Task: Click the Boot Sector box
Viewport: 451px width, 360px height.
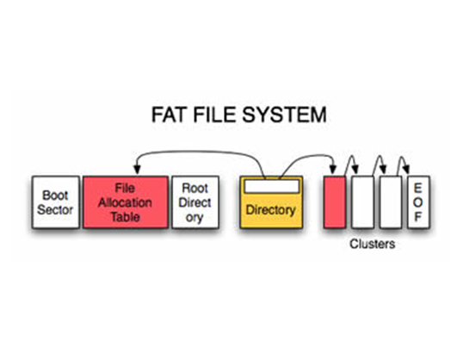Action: pyautogui.click(x=55, y=202)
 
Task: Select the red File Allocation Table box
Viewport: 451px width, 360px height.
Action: pyautogui.click(x=125, y=202)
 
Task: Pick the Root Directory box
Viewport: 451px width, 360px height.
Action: pyautogui.click(x=195, y=202)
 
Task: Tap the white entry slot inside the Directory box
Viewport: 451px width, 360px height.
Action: pyautogui.click(x=270, y=186)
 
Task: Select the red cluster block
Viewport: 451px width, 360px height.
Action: pyautogui.click(x=334, y=202)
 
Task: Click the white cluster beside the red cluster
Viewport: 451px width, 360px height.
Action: pyautogui.click(x=361, y=202)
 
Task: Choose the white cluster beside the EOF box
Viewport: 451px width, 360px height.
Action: pyautogui.click(x=390, y=202)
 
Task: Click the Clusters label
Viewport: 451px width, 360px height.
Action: pyautogui.click(x=372, y=244)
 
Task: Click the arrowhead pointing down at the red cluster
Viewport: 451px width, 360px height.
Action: pyautogui.click(x=334, y=171)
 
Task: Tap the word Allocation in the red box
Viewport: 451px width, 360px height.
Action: pyautogui.click(x=125, y=202)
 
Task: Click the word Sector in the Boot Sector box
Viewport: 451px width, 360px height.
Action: pyautogui.click(x=55, y=209)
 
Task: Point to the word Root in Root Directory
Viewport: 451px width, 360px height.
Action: pyautogui.click(x=195, y=189)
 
